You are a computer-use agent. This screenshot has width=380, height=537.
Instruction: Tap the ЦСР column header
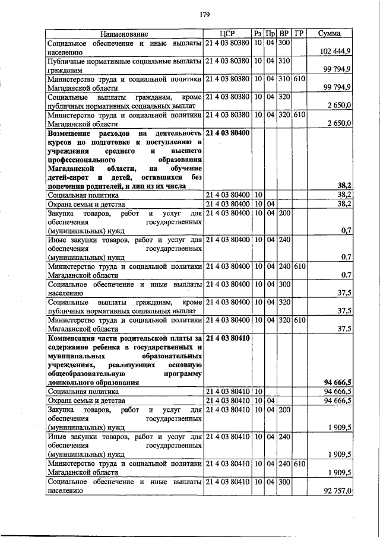(x=227, y=34)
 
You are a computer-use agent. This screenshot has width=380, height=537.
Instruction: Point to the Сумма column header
(x=329, y=34)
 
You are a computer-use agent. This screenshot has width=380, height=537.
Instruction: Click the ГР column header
(x=299, y=34)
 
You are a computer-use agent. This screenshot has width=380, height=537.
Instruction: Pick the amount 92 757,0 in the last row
(x=336, y=491)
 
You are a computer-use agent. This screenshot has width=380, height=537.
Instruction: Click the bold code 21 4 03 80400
(x=227, y=133)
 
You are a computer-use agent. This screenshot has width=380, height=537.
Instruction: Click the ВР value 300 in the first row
(x=283, y=43)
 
